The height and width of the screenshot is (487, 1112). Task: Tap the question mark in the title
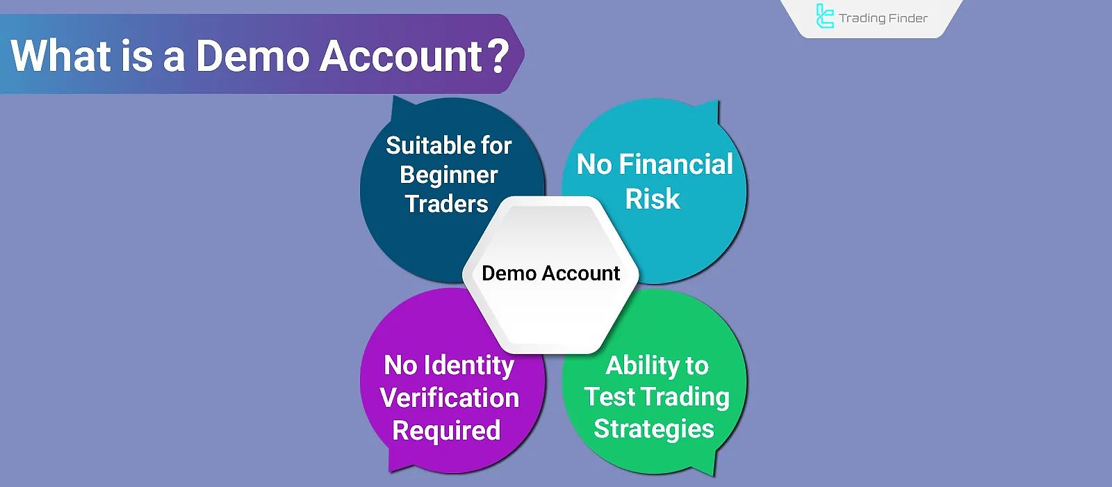coord(499,56)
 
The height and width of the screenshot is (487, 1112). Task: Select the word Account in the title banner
coord(401,56)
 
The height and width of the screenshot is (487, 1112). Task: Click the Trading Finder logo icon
coord(824,17)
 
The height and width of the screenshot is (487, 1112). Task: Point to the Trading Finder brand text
coord(883,18)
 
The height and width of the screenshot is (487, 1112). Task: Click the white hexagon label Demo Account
coord(550,273)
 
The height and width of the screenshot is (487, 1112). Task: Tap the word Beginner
coord(449,175)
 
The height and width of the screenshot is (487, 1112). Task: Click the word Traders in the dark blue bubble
coord(447,204)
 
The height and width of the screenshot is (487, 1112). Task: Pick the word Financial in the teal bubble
coord(676,164)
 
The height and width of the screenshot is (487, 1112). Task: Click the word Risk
coord(652,199)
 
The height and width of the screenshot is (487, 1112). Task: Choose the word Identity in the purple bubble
coord(469,365)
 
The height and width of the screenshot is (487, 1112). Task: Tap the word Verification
coord(450,398)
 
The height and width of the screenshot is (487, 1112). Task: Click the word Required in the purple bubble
coord(446,431)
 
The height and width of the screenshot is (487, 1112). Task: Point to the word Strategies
coord(653,429)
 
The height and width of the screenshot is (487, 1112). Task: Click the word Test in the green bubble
coord(610,397)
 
